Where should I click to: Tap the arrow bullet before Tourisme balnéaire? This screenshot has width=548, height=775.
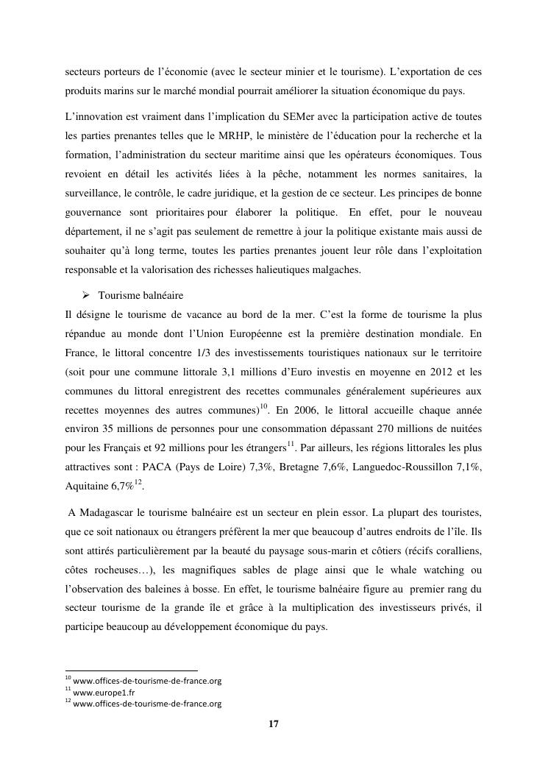coord(85,295)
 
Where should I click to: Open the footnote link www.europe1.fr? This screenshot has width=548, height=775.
coord(104,692)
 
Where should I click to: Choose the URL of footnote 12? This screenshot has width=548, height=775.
coord(147,704)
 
